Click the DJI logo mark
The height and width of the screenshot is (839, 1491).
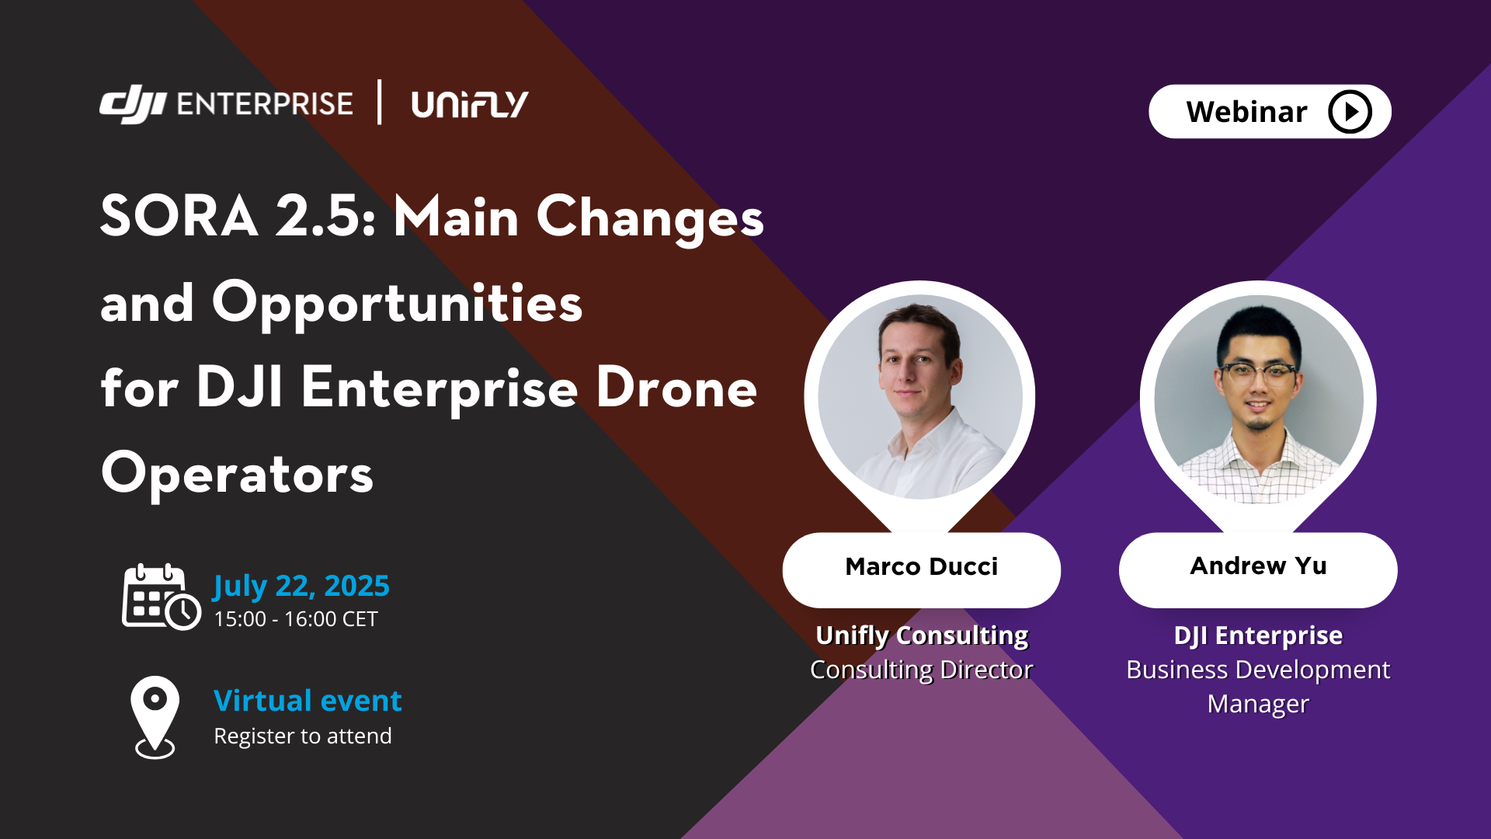coord(133,105)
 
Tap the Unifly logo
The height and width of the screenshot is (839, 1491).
coord(470,104)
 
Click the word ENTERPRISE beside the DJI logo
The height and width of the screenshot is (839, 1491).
coord(265,104)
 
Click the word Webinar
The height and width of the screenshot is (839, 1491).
coord(1246,112)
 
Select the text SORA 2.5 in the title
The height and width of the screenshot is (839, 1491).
coord(239,216)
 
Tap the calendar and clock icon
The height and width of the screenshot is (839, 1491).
coord(162,597)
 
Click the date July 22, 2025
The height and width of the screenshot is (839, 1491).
coord(301,587)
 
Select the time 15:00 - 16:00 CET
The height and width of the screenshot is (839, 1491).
coord(296,619)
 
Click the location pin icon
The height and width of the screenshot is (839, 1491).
coord(155,717)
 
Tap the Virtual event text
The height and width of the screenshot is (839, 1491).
coord(308,701)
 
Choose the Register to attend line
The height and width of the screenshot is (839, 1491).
coord(303,736)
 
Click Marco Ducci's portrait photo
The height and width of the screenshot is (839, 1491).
coord(920,397)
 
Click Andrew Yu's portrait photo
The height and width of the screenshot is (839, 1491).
coord(1258,399)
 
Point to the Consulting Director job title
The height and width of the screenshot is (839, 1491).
coord(922,670)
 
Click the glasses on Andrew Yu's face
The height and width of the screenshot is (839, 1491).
coord(1257,374)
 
